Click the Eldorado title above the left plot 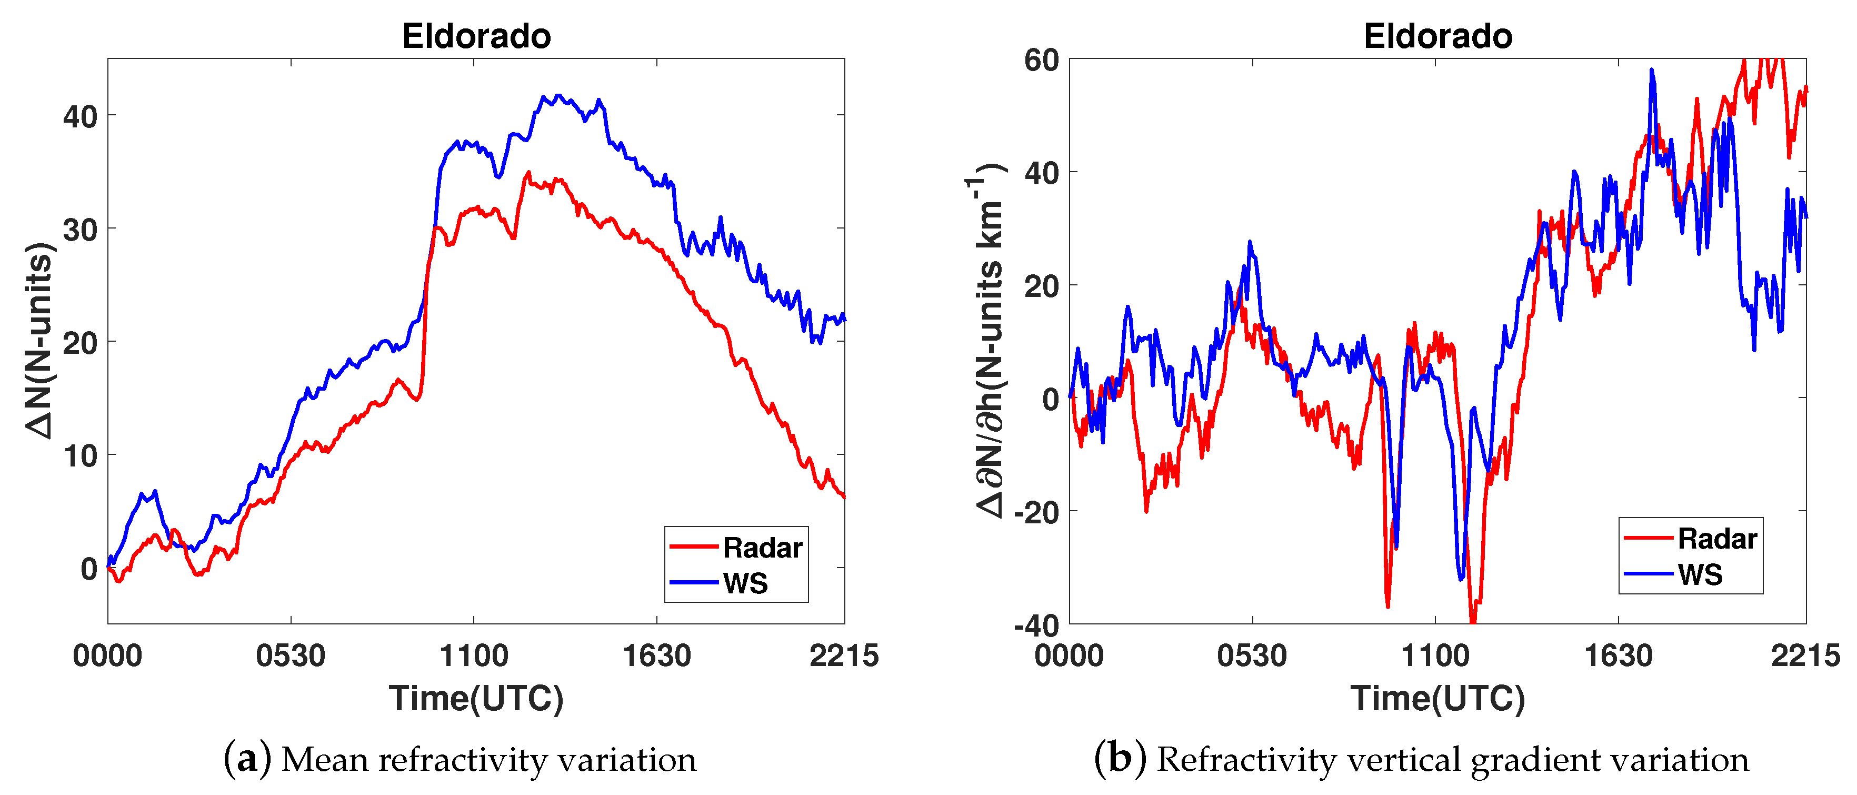click(x=476, y=36)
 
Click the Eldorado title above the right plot click(x=1437, y=36)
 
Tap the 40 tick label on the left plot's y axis click(x=80, y=116)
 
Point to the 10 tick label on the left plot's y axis click(x=80, y=455)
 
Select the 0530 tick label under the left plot click(x=291, y=656)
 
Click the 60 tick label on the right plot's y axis click(x=1041, y=60)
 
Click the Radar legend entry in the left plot click(x=762, y=548)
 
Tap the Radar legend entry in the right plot click(x=1717, y=539)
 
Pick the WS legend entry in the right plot click(x=1700, y=574)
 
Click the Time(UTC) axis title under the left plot click(x=476, y=698)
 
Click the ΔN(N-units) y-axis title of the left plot click(x=39, y=340)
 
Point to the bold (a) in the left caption click(x=247, y=759)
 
